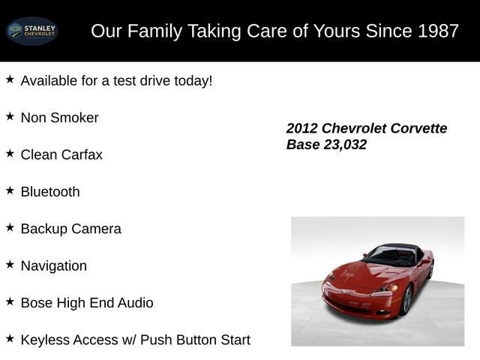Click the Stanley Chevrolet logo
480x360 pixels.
tap(31, 31)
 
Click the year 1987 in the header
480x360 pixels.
tap(439, 31)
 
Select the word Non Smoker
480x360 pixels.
tap(59, 118)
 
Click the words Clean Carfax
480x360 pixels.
tap(61, 154)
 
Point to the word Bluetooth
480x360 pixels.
tap(50, 192)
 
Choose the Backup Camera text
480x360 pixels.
tap(70, 229)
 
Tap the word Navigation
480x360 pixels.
tap(54, 266)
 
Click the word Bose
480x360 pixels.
tap(37, 303)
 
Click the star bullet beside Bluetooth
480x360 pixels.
tap(10, 190)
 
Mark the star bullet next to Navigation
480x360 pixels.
tap(10, 265)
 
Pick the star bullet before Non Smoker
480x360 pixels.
tap(10, 116)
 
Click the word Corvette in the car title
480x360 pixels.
tap(416, 128)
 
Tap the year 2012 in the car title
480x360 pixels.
tap(302, 128)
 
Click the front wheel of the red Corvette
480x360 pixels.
tap(406, 299)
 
